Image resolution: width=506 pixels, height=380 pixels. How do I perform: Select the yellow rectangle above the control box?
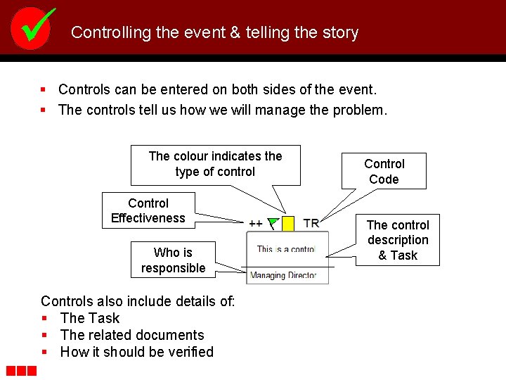(x=288, y=224)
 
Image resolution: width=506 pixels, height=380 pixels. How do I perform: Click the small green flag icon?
(x=273, y=223)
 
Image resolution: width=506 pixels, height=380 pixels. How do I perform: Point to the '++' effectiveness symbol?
(x=256, y=223)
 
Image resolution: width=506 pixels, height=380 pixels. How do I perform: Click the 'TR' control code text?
(x=311, y=223)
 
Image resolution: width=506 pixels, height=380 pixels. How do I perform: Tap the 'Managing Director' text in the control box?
(x=283, y=275)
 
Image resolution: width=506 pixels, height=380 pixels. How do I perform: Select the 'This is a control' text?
(x=286, y=249)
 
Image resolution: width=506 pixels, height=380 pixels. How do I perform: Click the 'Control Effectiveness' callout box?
(x=148, y=210)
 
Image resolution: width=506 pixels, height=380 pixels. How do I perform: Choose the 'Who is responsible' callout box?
(x=173, y=260)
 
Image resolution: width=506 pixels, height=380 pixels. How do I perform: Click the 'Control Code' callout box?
(x=384, y=171)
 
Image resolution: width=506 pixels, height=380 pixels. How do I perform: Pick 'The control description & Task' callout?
(x=398, y=240)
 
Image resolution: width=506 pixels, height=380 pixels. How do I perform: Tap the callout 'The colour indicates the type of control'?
(x=215, y=164)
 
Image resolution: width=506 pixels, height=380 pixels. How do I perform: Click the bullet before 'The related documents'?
(x=45, y=336)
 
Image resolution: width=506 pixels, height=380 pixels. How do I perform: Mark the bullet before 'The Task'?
(x=45, y=319)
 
